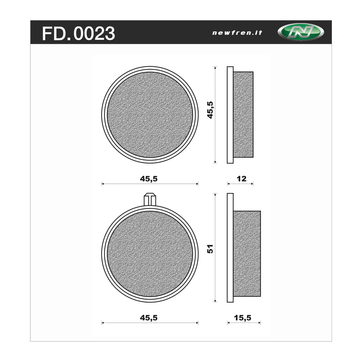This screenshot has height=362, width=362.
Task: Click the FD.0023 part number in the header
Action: coord(79,34)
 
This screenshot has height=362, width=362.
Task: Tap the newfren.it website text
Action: coord(237,33)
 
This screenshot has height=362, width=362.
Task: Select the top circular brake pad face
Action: coord(150,115)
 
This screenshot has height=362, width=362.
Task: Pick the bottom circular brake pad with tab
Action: coord(150,254)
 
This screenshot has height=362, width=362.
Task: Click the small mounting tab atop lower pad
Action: coord(150,199)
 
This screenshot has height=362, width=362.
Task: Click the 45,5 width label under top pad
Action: coord(150,178)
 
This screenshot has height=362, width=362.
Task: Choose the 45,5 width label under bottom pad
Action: coord(150,317)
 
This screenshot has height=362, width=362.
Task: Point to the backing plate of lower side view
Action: coord(230,248)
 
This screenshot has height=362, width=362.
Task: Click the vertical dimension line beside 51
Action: coord(215,275)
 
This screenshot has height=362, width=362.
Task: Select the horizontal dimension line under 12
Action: coord(240,184)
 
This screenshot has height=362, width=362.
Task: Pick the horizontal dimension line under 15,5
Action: coord(244,323)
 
